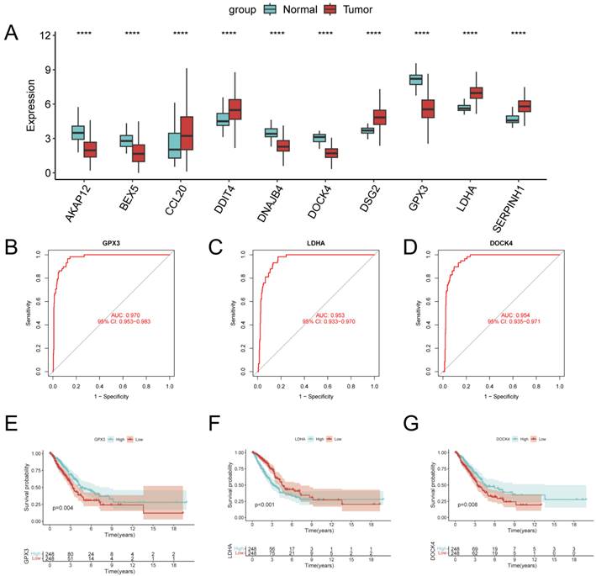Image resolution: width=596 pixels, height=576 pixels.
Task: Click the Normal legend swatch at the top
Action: pyautogui.click(x=271, y=9)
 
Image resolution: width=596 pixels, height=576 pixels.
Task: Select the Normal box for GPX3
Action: pyautogui.click(x=414, y=79)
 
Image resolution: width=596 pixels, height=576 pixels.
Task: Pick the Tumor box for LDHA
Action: pyautogui.click(x=476, y=92)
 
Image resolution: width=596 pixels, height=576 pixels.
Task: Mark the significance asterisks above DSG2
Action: pyautogui.click(x=374, y=34)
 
